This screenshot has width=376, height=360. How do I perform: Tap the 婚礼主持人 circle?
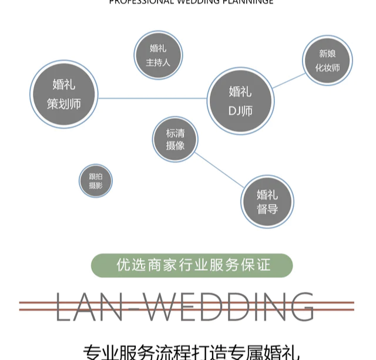tap(158, 55)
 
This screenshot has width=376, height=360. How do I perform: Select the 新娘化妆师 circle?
tap(327, 60)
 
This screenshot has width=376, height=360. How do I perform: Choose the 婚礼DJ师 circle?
tap(240, 101)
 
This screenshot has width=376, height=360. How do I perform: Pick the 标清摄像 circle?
tap(175, 139)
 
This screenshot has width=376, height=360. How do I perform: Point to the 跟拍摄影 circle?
tap(95, 180)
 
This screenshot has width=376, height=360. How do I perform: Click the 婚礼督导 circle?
tap(267, 201)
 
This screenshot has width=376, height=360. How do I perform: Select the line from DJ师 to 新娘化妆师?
tap(288, 80)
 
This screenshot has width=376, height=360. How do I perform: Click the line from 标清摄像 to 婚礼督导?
tap(219, 170)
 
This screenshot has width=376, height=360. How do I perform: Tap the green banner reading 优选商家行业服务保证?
tap(192, 265)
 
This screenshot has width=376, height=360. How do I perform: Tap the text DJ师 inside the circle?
tap(240, 110)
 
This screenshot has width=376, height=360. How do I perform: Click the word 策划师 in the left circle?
tap(63, 105)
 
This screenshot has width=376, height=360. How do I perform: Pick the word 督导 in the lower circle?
tap(267, 209)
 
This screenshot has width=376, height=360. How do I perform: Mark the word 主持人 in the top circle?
tap(158, 62)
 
